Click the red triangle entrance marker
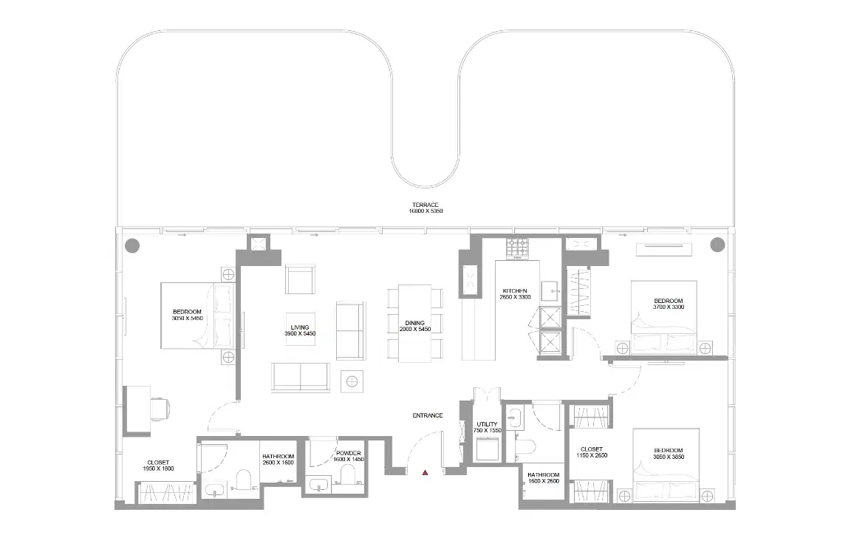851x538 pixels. pyautogui.click(x=425, y=472)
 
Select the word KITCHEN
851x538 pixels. pyautogui.click(x=514, y=290)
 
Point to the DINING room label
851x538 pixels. pyautogui.click(x=414, y=323)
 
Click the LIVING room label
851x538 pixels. pyautogui.click(x=300, y=327)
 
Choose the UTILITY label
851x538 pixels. pyautogui.click(x=487, y=424)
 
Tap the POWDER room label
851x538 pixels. pyautogui.click(x=348, y=453)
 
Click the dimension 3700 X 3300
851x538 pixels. pyautogui.click(x=669, y=307)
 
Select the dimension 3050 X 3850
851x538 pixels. pyautogui.click(x=669, y=457)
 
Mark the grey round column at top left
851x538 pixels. pyautogui.click(x=131, y=245)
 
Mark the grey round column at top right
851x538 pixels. pyautogui.click(x=716, y=245)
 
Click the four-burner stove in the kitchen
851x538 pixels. pyautogui.click(x=517, y=248)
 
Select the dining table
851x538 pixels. pyautogui.click(x=414, y=323)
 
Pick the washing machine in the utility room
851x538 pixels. pyautogui.click(x=488, y=449)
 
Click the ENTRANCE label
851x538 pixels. pyautogui.click(x=427, y=415)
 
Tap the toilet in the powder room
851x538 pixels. pyautogui.click(x=347, y=483)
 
